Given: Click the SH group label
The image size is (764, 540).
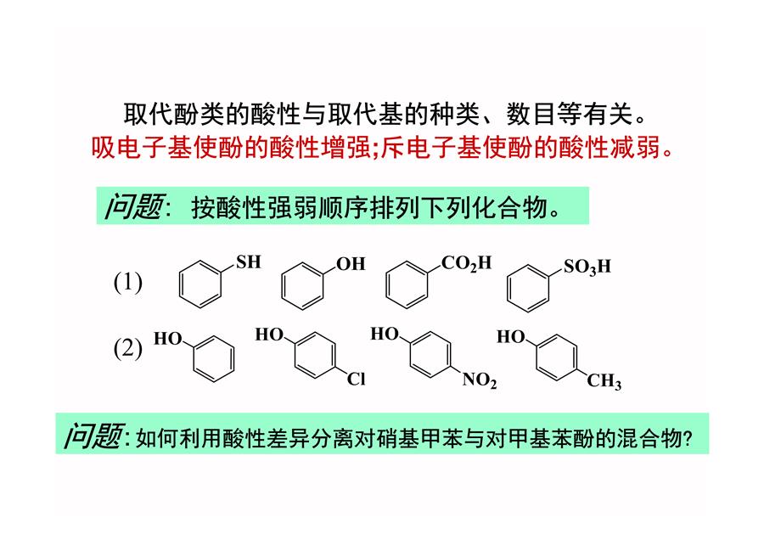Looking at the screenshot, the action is coord(249,262).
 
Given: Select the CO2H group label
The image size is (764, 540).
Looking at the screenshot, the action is coord(466,263).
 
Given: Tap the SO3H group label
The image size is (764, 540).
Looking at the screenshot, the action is coord(587,267).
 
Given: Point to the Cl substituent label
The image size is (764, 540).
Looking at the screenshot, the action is coord(357,379).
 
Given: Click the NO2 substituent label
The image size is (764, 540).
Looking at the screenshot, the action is coord(480,380).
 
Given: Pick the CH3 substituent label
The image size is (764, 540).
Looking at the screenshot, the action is coord(604,381).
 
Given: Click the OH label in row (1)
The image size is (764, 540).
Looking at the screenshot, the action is coord(351,264).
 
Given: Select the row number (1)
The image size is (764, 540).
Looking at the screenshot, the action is coord(127,282).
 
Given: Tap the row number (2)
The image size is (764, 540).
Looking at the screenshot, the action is coord(127,348).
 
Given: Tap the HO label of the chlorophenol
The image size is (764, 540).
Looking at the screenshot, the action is coord(269,335).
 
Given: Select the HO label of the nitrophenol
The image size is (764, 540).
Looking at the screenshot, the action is coord(385,334).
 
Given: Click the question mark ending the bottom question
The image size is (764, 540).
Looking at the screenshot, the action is coord(688,439).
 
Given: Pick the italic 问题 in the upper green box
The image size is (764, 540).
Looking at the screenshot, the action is coord(134,206).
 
